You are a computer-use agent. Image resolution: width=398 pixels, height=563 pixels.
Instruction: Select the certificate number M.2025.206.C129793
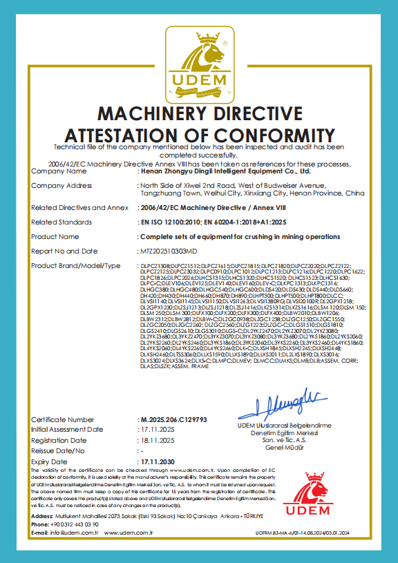pos(171,419)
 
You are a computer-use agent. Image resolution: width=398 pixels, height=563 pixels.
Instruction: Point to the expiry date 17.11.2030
pos(155,461)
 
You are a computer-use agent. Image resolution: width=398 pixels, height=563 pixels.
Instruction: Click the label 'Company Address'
pos(61,186)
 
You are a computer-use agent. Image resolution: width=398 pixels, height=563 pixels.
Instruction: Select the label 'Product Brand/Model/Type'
pos(75,265)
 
